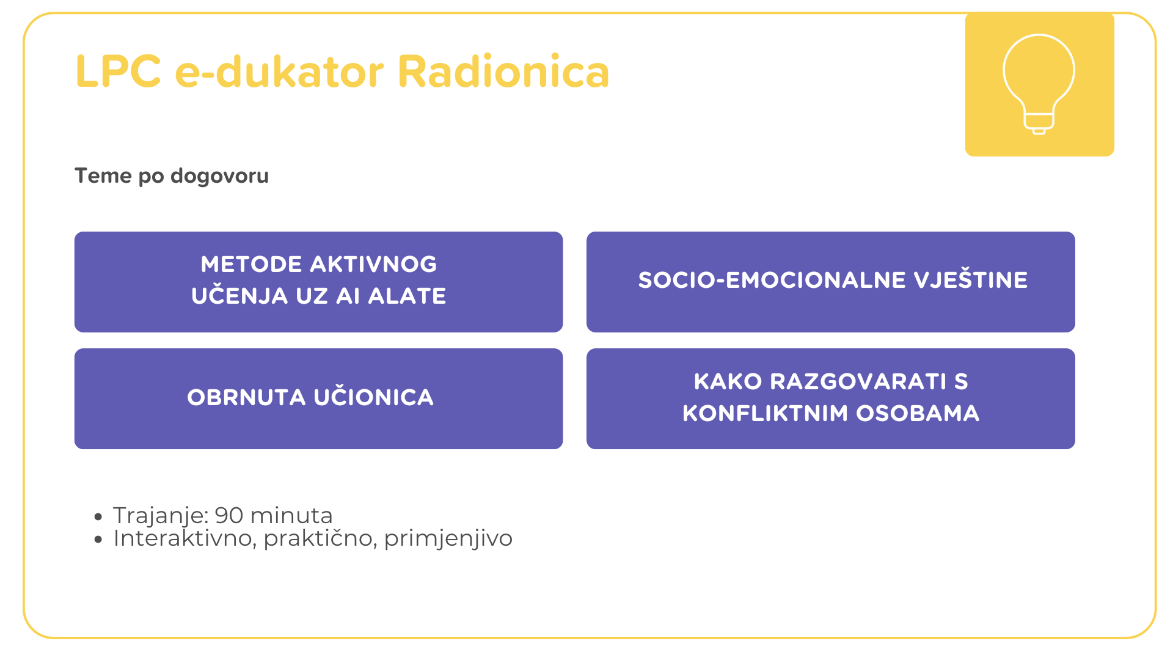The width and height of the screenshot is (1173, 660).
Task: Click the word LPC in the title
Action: click(x=119, y=71)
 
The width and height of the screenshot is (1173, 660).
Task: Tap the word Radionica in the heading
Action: click(x=503, y=71)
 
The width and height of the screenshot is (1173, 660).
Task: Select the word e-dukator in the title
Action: click(x=280, y=71)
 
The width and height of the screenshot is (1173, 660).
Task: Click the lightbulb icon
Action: click(x=1039, y=84)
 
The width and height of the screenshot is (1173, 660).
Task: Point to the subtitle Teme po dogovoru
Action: click(x=172, y=176)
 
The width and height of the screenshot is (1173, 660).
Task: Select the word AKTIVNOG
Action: click(x=373, y=265)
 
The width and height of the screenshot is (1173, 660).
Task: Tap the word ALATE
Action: click(x=407, y=296)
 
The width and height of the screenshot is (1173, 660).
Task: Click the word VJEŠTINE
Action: click(x=971, y=279)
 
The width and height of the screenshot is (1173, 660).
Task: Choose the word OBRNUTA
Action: click(x=246, y=398)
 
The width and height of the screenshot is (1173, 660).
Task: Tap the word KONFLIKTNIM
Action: click(x=766, y=414)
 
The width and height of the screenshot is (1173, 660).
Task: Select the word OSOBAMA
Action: click(x=918, y=414)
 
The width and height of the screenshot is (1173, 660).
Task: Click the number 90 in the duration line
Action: click(x=229, y=516)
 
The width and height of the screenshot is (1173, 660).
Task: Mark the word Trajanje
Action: click(x=162, y=516)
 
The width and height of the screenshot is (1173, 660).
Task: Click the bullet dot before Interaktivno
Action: click(x=98, y=540)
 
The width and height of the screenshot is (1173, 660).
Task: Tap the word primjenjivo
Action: click(x=448, y=539)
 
